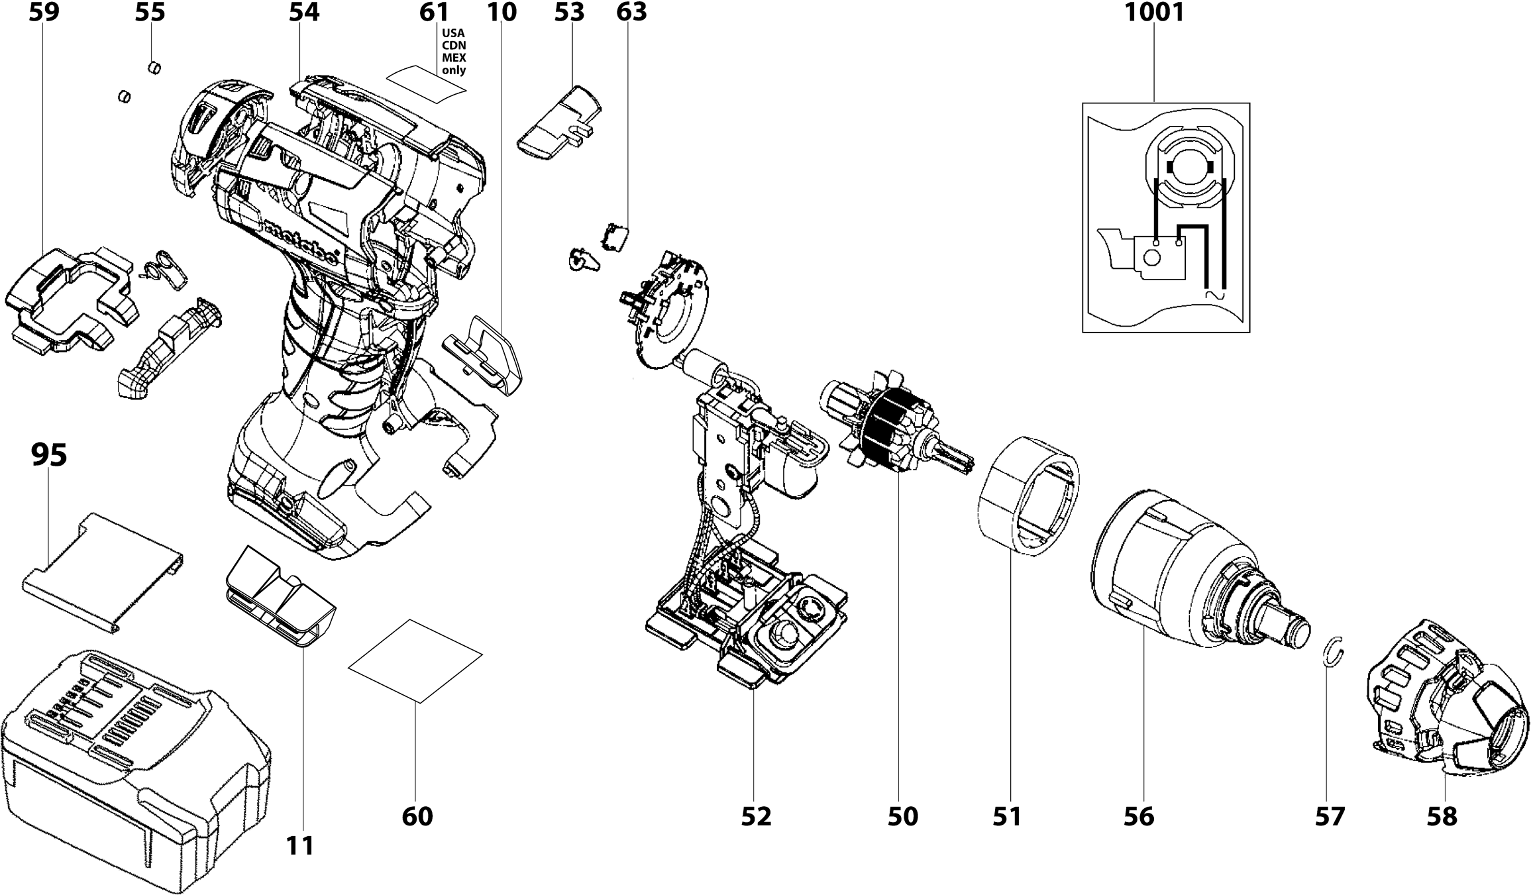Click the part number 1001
[1154, 13]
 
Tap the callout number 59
[44, 13]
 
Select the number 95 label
[49, 455]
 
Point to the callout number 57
[1330, 816]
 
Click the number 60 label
[417, 816]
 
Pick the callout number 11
[300, 845]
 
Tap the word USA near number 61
[454, 32]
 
